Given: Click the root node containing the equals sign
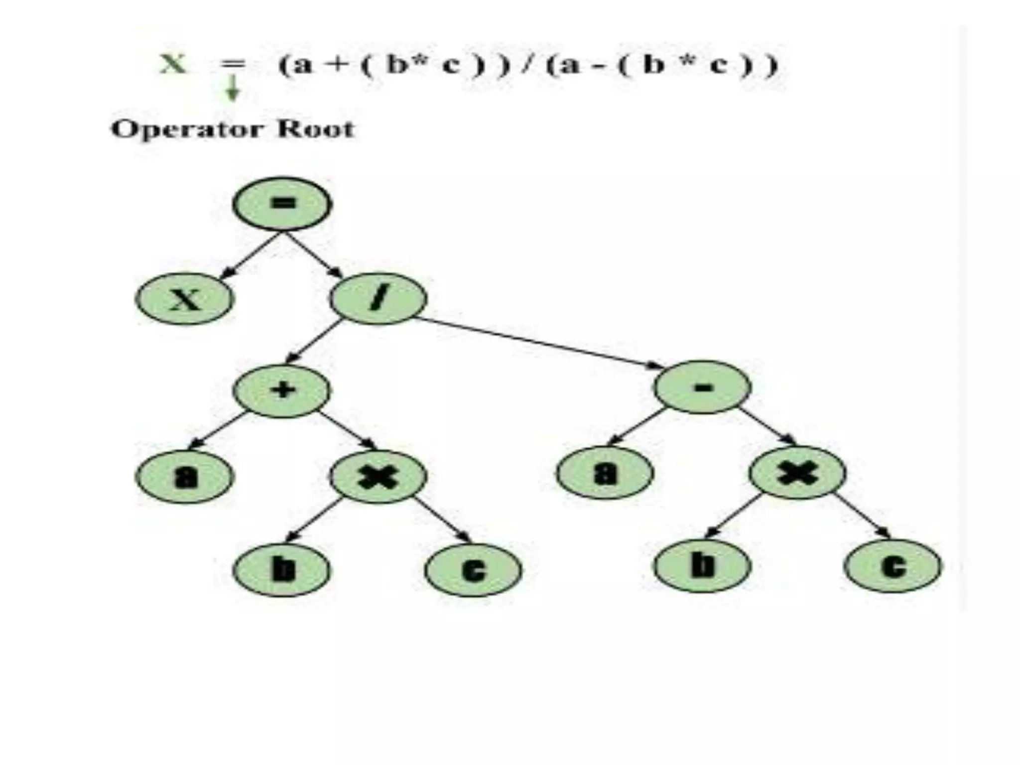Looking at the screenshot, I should point(282,204).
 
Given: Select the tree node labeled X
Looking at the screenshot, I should point(185,299).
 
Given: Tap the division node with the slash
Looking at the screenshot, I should point(379,298).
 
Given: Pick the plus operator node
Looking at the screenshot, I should point(282,390).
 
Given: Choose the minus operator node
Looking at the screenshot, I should point(702,387).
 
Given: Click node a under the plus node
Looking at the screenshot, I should point(185,477).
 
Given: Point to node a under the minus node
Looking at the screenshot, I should point(605,473).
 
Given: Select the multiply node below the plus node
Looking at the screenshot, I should point(379,477).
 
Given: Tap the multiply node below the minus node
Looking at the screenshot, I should point(798,473).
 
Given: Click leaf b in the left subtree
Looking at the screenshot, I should point(282,570).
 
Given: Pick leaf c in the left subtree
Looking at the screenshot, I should point(473,570).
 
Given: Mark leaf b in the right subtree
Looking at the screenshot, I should point(702,566).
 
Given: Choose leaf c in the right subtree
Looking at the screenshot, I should point(893,566).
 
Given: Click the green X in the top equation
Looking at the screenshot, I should point(173,64).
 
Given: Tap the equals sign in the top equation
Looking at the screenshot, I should point(233,64).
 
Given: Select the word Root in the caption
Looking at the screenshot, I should point(315,129).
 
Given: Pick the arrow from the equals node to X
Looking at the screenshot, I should point(249,256).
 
